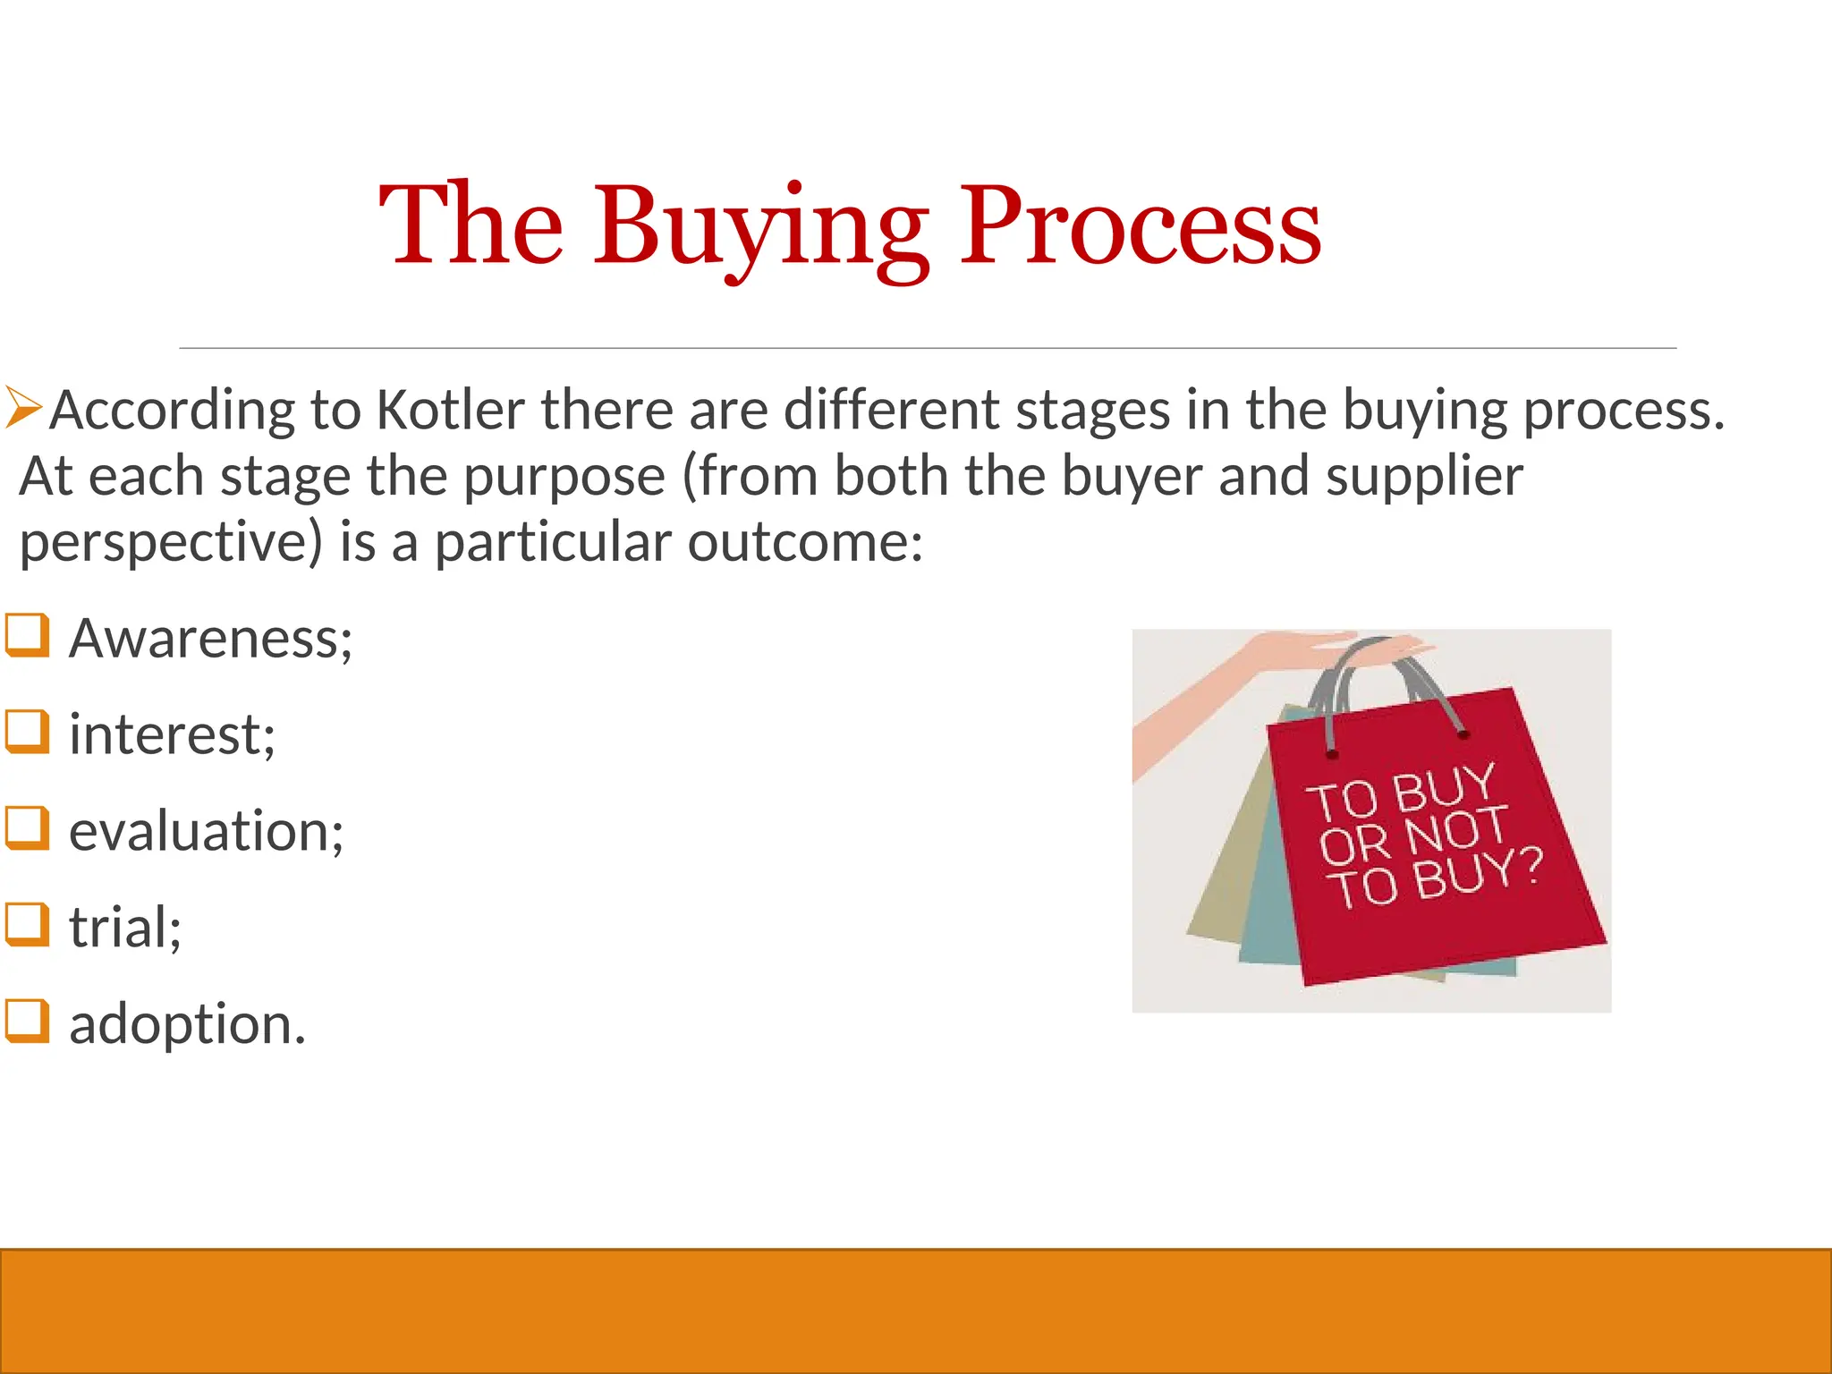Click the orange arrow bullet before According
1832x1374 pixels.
click(23, 407)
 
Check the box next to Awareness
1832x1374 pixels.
click(27, 635)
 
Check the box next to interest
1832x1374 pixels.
click(27, 731)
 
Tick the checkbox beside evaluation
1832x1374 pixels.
click(27, 827)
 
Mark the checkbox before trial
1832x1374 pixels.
click(27, 924)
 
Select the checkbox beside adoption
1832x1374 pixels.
click(27, 1021)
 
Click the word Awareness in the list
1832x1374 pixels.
click(210, 639)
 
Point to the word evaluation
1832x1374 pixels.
click(206, 831)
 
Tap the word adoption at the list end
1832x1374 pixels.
click(187, 1023)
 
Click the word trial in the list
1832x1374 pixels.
click(125, 927)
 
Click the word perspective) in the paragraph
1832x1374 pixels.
click(170, 543)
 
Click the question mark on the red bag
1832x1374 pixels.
click(1531, 864)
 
